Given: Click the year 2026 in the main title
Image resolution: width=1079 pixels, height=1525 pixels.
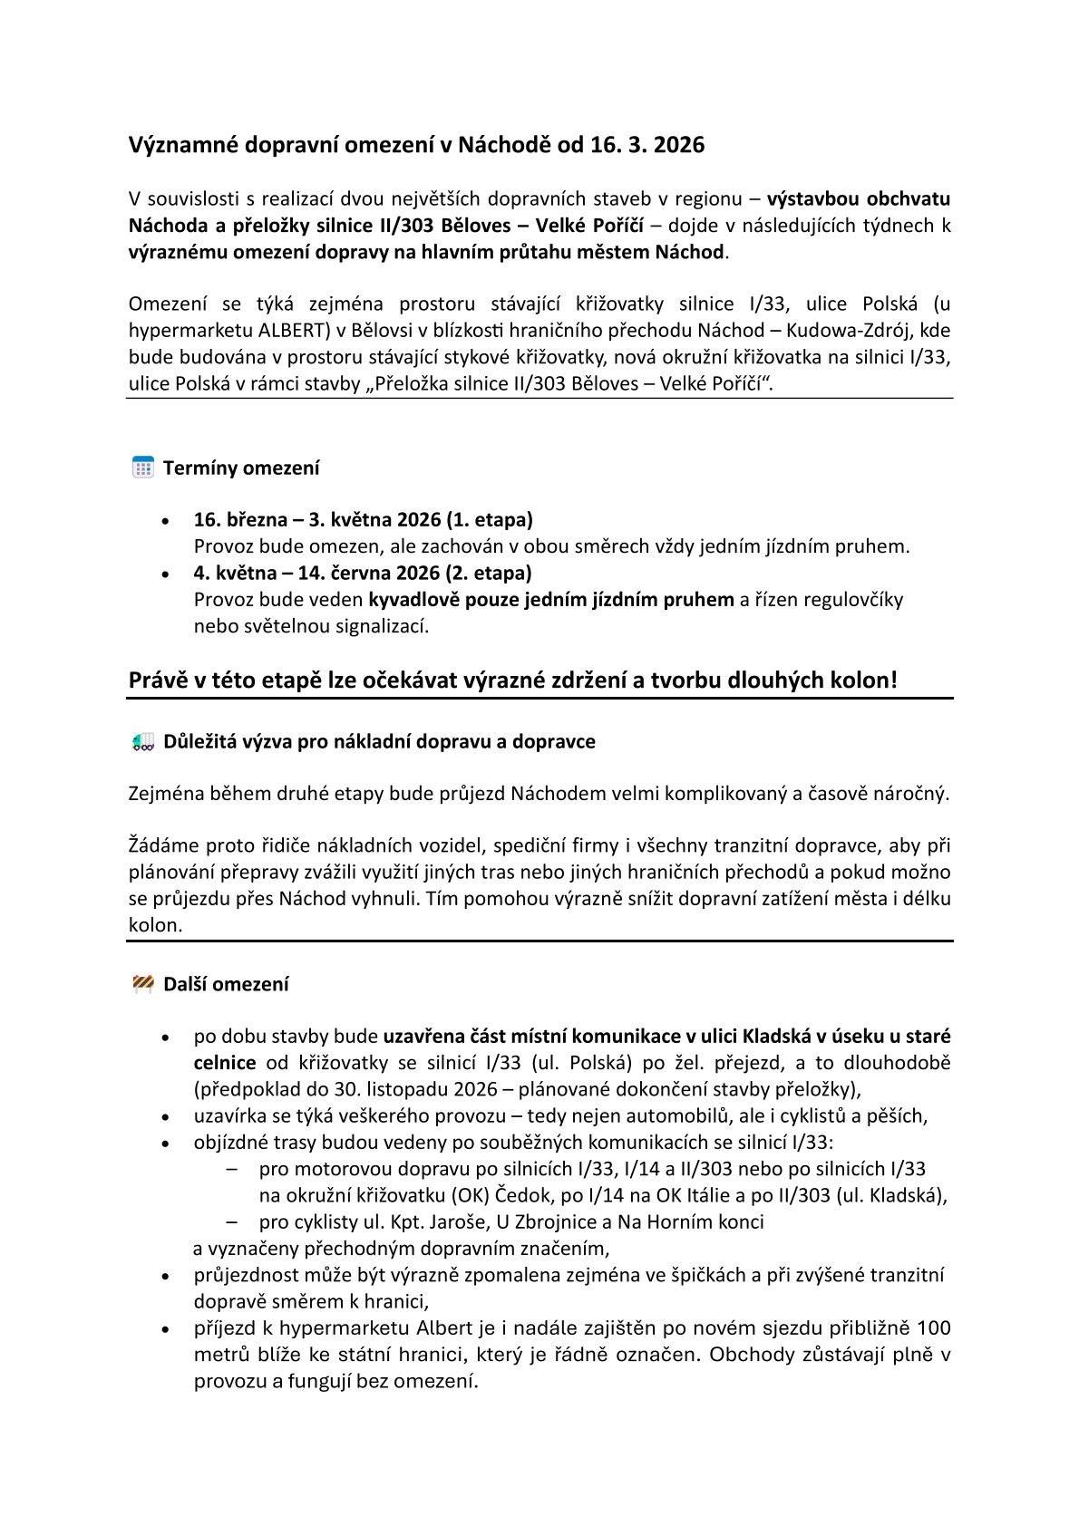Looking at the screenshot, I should [x=677, y=145].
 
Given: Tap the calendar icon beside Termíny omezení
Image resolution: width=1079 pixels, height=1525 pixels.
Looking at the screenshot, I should [x=142, y=468].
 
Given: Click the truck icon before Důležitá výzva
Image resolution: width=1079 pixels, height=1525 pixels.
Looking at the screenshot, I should [x=142, y=742].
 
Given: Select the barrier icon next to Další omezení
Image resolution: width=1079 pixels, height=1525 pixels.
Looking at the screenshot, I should [x=142, y=984].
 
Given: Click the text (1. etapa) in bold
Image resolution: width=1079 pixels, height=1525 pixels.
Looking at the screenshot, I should [x=489, y=520].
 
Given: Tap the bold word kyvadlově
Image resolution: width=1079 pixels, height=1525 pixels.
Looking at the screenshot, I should [x=413, y=599].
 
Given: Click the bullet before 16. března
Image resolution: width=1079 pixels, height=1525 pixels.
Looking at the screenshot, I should [x=164, y=522].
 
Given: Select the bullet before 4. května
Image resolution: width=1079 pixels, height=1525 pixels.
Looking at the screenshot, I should [x=164, y=574].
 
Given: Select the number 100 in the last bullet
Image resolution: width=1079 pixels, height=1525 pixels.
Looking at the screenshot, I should [x=933, y=1328].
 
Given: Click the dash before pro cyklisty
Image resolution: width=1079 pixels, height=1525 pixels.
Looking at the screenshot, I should [x=232, y=1221].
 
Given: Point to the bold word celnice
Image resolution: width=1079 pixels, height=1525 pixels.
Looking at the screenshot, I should [x=225, y=1062].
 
